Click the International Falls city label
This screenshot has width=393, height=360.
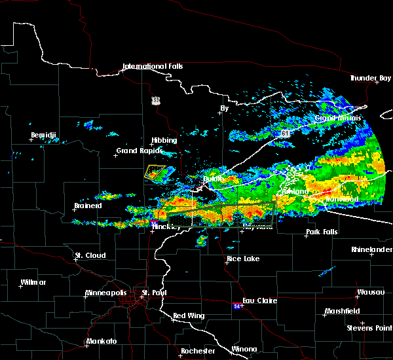(x=153, y=66)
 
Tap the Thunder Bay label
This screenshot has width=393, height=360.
(x=370, y=78)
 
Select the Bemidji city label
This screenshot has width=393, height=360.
(x=45, y=135)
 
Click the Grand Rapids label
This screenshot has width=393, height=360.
(x=135, y=151)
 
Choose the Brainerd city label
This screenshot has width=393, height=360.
(x=87, y=206)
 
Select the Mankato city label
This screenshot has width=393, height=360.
(x=101, y=342)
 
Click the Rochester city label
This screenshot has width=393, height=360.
(x=198, y=351)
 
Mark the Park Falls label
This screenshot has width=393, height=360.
(x=321, y=232)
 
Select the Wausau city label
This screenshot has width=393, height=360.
(x=370, y=292)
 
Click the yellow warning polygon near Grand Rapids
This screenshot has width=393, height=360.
(x=153, y=172)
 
